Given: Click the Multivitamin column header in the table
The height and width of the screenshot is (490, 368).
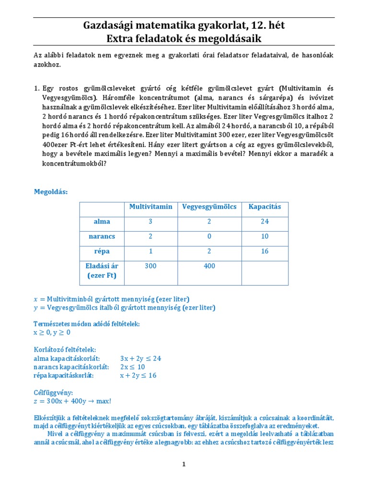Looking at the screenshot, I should [x=150, y=207].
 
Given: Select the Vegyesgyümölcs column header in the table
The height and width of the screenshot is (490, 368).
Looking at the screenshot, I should [x=209, y=207].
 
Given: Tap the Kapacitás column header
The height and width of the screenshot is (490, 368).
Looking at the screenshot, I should [x=264, y=207].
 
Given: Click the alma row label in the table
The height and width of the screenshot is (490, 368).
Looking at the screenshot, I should [x=102, y=222].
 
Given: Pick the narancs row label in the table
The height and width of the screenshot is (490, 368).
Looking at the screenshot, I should [x=102, y=236].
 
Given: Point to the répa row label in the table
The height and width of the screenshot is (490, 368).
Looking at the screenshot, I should [x=102, y=251].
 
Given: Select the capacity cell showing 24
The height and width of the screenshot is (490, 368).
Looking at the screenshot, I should [x=264, y=222].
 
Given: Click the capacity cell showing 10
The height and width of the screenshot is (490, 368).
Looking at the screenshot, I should [x=264, y=236].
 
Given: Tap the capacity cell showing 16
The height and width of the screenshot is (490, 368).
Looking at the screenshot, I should [x=264, y=251].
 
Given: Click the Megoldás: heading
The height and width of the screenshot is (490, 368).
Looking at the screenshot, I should [x=51, y=192].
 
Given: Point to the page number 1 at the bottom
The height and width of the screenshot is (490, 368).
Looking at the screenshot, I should [x=184, y=464].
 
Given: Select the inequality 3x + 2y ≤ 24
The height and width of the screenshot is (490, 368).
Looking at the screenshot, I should [x=140, y=358].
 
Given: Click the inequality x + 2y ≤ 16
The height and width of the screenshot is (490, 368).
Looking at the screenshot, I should [x=138, y=375].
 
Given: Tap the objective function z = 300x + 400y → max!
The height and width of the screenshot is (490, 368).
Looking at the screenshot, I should [x=72, y=401].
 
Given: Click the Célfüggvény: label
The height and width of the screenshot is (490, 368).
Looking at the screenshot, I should [x=52, y=392].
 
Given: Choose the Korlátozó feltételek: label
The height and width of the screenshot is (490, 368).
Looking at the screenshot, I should [x=65, y=349].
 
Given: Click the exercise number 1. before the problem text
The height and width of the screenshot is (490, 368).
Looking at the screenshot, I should [x=36, y=89].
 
